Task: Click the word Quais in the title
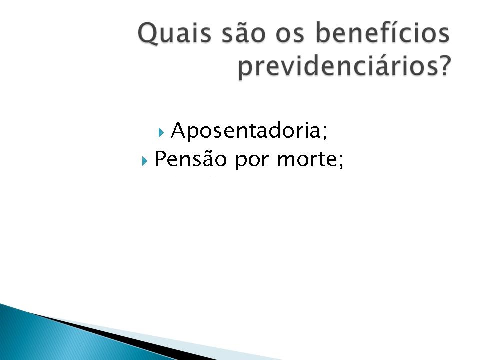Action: coord(174,33)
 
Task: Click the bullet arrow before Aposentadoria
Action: coord(161,132)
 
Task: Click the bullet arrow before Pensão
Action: coord(145,161)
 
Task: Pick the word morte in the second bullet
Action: coord(306,159)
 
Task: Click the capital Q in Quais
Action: coord(149,33)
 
